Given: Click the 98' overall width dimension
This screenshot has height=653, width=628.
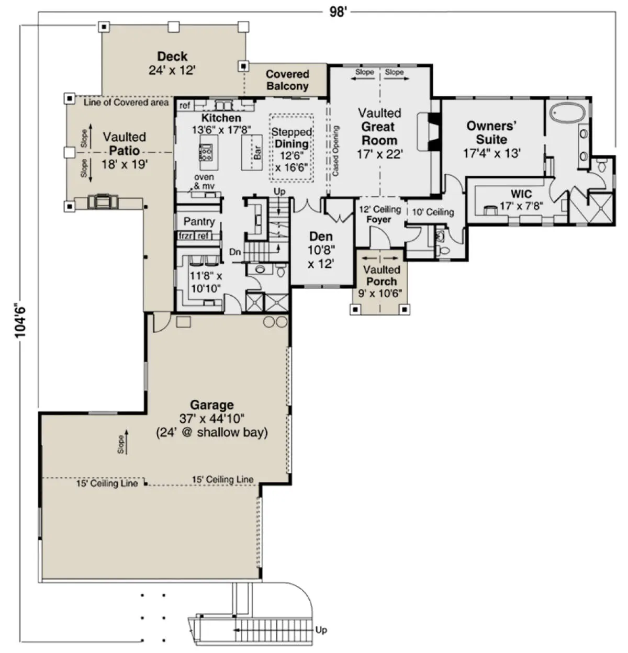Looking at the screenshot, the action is pyautogui.click(x=338, y=12).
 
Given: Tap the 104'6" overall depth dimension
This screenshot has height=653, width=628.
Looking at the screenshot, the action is pyautogui.click(x=20, y=321).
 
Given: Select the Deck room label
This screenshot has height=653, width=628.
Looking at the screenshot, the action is pyautogui.click(x=172, y=56).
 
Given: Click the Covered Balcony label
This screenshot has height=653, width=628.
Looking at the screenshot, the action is pyautogui.click(x=287, y=80).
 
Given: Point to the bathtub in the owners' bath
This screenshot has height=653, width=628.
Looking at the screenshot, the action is pyautogui.click(x=568, y=112).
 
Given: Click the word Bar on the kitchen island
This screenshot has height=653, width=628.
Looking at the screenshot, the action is pyautogui.click(x=257, y=152).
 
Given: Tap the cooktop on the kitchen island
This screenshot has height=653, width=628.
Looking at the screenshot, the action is pyautogui.click(x=205, y=152).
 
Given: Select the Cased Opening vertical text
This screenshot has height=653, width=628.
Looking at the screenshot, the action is pyautogui.click(x=335, y=151).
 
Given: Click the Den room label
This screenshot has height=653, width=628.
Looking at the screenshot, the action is pyautogui.click(x=321, y=236).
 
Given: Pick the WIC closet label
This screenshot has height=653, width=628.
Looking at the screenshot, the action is pyautogui.click(x=521, y=194).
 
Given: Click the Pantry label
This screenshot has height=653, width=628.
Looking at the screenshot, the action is pyautogui.click(x=199, y=221).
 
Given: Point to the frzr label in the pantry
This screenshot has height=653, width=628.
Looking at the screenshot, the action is pyautogui.click(x=185, y=235).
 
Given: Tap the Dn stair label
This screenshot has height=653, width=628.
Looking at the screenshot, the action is pyautogui.click(x=235, y=252).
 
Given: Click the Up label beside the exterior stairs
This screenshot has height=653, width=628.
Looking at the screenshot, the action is pyautogui.click(x=321, y=630).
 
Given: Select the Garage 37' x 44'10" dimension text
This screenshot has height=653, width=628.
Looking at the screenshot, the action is pyautogui.click(x=212, y=419).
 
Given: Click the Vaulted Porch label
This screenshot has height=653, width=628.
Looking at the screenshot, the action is pyautogui.click(x=382, y=276).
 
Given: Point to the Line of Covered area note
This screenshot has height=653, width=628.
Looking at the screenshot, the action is pyautogui.click(x=126, y=103).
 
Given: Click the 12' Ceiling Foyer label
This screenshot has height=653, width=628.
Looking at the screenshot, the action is pyautogui.click(x=380, y=214).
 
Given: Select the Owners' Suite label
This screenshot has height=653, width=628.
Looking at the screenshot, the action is pyautogui.click(x=491, y=132).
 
